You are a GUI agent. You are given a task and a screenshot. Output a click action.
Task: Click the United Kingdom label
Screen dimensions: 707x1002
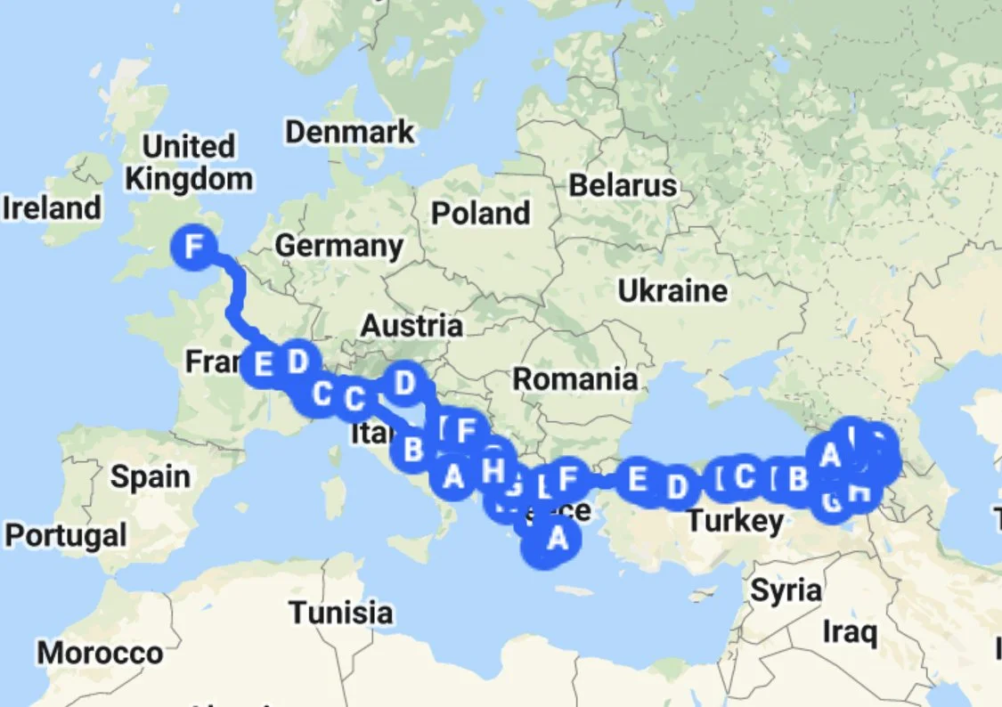188,162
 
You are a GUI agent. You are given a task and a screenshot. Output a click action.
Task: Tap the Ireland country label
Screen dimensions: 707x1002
52,208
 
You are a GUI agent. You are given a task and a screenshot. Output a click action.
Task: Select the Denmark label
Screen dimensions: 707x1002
349,133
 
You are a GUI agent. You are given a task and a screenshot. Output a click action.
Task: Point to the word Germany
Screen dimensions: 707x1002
338,246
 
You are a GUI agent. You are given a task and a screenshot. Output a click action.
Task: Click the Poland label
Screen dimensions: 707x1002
481,214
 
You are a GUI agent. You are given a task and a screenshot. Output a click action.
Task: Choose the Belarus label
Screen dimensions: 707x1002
623,186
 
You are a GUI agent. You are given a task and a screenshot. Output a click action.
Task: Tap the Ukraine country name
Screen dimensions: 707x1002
672,290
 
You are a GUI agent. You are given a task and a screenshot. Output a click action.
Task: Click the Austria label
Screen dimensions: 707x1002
411,326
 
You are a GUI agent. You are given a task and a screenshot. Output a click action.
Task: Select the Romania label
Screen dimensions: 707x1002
574,379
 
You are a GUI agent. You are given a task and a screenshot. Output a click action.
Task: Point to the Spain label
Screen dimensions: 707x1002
150,477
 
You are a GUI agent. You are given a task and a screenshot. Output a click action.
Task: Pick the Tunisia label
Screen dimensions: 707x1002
340,613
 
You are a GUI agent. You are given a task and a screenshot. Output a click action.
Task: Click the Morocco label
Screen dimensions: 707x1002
100,654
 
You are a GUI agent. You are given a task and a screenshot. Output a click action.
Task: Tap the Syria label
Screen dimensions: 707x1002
786,589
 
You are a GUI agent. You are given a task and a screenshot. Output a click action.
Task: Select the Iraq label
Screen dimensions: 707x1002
850,633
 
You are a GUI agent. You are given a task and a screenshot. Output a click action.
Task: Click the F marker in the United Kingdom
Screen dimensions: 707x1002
196,247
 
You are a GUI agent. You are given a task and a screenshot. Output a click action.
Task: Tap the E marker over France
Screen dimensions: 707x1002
263,365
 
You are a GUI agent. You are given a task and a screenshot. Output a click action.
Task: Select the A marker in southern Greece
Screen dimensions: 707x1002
556,538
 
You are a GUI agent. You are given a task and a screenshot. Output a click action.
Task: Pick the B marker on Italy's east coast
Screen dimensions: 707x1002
412,449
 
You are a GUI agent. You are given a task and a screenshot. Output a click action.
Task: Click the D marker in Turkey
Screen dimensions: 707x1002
678,487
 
